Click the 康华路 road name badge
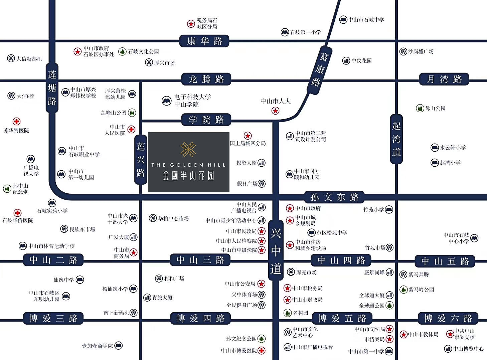pyautogui.click(x=204, y=41)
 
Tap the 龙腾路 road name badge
pyautogui.click(x=206, y=79)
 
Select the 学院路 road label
pyautogui.click(x=206, y=120)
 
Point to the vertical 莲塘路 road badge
pyautogui.click(x=52, y=88)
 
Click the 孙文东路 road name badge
pyautogui.click(x=334, y=197)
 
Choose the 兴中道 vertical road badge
pyautogui.click(x=276, y=251)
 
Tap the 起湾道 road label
pyautogui.click(x=396, y=139)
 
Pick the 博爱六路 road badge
pyautogui.click(x=448, y=318)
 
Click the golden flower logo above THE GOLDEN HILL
pyautogui.click(x=188, y=149)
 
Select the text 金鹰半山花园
pyautogui.click(x=188, y=176)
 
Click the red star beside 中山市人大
pyautogui.click(x=275, y=111)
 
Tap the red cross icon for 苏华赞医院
pyautogui.click(x=16, y=122)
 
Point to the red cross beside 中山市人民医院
pyautogui.click(x=132, y=129)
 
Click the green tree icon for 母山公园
pyautogui.click(x=420, y=109)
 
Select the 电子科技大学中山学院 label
pyautogui.click(x=192, y=101)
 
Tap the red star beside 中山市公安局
pyautogui.click(x=261, y=284)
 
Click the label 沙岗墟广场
pyautogui.click(x=421, y=51)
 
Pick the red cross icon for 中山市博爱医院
pyautogui.click(x=262, y=350)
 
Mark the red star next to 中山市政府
pyautogui.click(x=290, y=208)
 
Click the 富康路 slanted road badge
pyautogui.click(x=320, y=69)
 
